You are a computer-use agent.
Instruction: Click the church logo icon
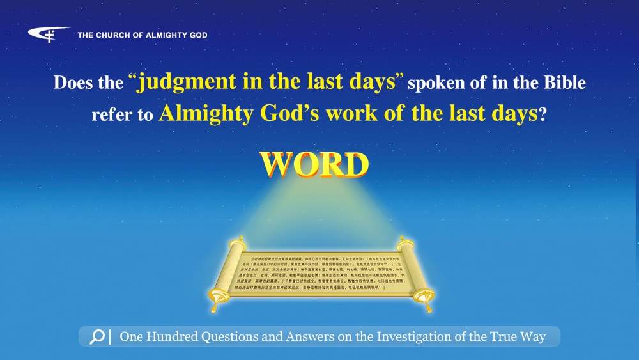click(49, 35)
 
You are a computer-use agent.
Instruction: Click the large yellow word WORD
click(314, 165)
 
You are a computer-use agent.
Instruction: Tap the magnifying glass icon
click(97, 337)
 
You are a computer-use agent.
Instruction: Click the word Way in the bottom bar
click(532, 337)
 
